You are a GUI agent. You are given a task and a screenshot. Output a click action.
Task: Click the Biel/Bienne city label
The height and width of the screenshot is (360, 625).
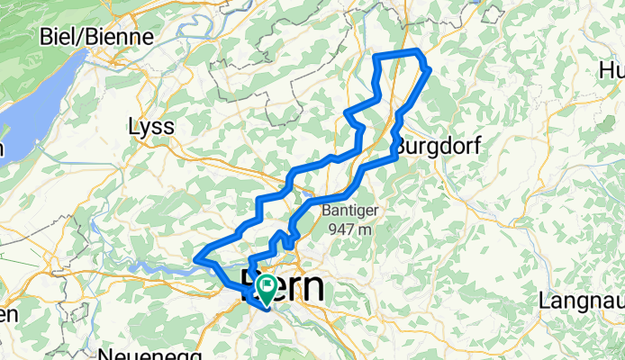pyautogui.click(x=98, y=38)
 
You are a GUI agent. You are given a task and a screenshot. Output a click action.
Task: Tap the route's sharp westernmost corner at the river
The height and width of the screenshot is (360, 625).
pyautogui.click(x=197, y=260)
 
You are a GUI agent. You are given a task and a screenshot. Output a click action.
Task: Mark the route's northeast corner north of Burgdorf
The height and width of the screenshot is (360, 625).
pyautogui.click(x=430, y=68)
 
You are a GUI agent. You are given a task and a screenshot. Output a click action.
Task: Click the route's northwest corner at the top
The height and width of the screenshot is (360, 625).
pyautogui.click(x=377, y=57)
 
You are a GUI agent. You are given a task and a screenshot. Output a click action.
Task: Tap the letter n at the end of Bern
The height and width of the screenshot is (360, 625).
pyautogui.click(x=313, y=289)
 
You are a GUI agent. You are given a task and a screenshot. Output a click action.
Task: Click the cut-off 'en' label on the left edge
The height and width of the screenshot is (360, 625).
pyautogui.click(x=7, y=315)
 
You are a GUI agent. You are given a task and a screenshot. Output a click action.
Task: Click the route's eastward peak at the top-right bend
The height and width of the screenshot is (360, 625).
pyautogui.click(x=430, y=68)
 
